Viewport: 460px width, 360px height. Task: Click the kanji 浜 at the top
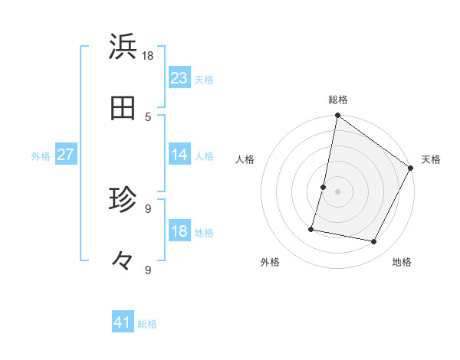[x=123, y=47]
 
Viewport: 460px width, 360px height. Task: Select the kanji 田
[x=123, y=109]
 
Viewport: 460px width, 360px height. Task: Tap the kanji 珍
[x=123, y=201]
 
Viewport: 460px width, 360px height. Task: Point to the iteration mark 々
[x=123, y=261]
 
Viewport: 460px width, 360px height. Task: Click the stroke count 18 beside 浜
[x=148, y=55]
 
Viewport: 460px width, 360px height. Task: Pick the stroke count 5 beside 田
[x=148, y=116]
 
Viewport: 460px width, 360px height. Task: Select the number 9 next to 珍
[x=148, y=208]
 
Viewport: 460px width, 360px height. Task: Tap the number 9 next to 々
[x=148, y=270]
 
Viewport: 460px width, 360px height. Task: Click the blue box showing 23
[x=179, y=78]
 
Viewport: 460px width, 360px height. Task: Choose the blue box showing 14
[x=179, y=155]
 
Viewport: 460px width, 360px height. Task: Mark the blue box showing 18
[x=179, y=231]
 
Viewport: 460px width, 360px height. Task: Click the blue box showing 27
[x=66, y=155]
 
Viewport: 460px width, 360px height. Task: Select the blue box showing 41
[x=123, y=323]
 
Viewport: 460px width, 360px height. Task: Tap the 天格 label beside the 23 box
[x=204, y=79]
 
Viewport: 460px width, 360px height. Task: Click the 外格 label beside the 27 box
[x=41, y=155]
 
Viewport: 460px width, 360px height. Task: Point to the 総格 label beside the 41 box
[x=147, y=324]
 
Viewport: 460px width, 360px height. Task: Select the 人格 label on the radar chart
[x=245, y=159]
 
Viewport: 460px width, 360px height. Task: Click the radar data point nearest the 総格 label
[x=337, y=116]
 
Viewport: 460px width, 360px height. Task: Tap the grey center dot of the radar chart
[x=337, y=191]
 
